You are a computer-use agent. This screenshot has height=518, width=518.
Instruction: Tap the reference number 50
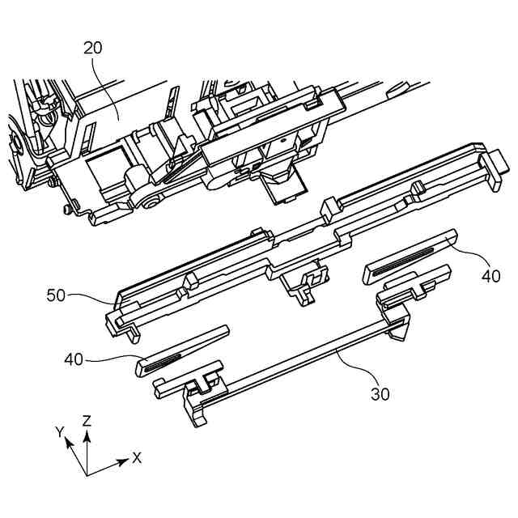coord(56,296)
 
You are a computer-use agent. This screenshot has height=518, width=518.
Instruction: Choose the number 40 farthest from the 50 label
coord(490,275)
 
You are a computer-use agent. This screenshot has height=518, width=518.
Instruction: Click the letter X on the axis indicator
coord(137,457)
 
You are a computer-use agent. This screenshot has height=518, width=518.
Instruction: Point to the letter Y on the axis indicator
coord(60,432)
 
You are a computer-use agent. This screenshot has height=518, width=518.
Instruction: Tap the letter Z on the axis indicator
coord(87,420)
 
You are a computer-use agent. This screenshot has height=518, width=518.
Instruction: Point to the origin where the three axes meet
coord(87,474)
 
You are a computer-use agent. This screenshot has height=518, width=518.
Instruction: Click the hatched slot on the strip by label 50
coord(163,359)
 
